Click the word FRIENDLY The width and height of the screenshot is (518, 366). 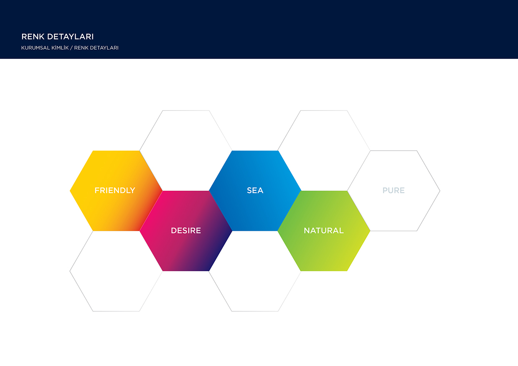point(115,190)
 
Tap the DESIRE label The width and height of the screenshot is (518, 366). point(186,230)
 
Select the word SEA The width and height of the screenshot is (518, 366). point(255,190)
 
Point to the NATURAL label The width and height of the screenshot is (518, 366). point(323,230)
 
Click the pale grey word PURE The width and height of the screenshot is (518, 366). point(394,190)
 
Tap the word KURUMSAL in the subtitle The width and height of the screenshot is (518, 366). point(36,48)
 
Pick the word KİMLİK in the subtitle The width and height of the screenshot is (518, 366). point(60,48)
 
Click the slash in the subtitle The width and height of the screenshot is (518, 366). point(71,48)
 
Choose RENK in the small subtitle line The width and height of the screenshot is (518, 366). point(81,48)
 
